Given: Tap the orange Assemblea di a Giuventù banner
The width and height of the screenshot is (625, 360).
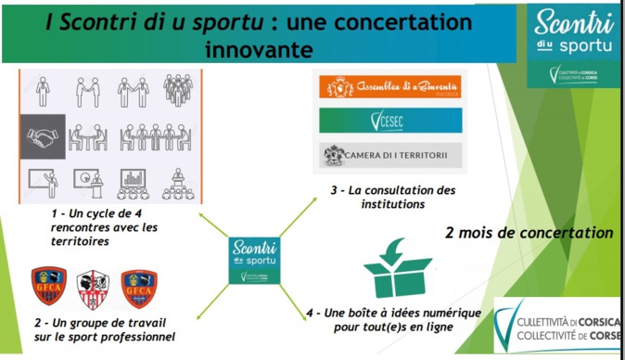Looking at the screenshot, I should coord(389,88).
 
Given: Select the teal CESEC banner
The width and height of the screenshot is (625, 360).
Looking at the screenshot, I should coord(389,121).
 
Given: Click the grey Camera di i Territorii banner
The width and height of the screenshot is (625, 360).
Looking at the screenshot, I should coord(389,154).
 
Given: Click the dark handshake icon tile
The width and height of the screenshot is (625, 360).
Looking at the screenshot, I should coord(43,136).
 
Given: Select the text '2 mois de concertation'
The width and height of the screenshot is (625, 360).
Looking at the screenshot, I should coord(529,231).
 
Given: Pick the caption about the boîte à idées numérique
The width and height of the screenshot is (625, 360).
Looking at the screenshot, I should coord(393,320).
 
